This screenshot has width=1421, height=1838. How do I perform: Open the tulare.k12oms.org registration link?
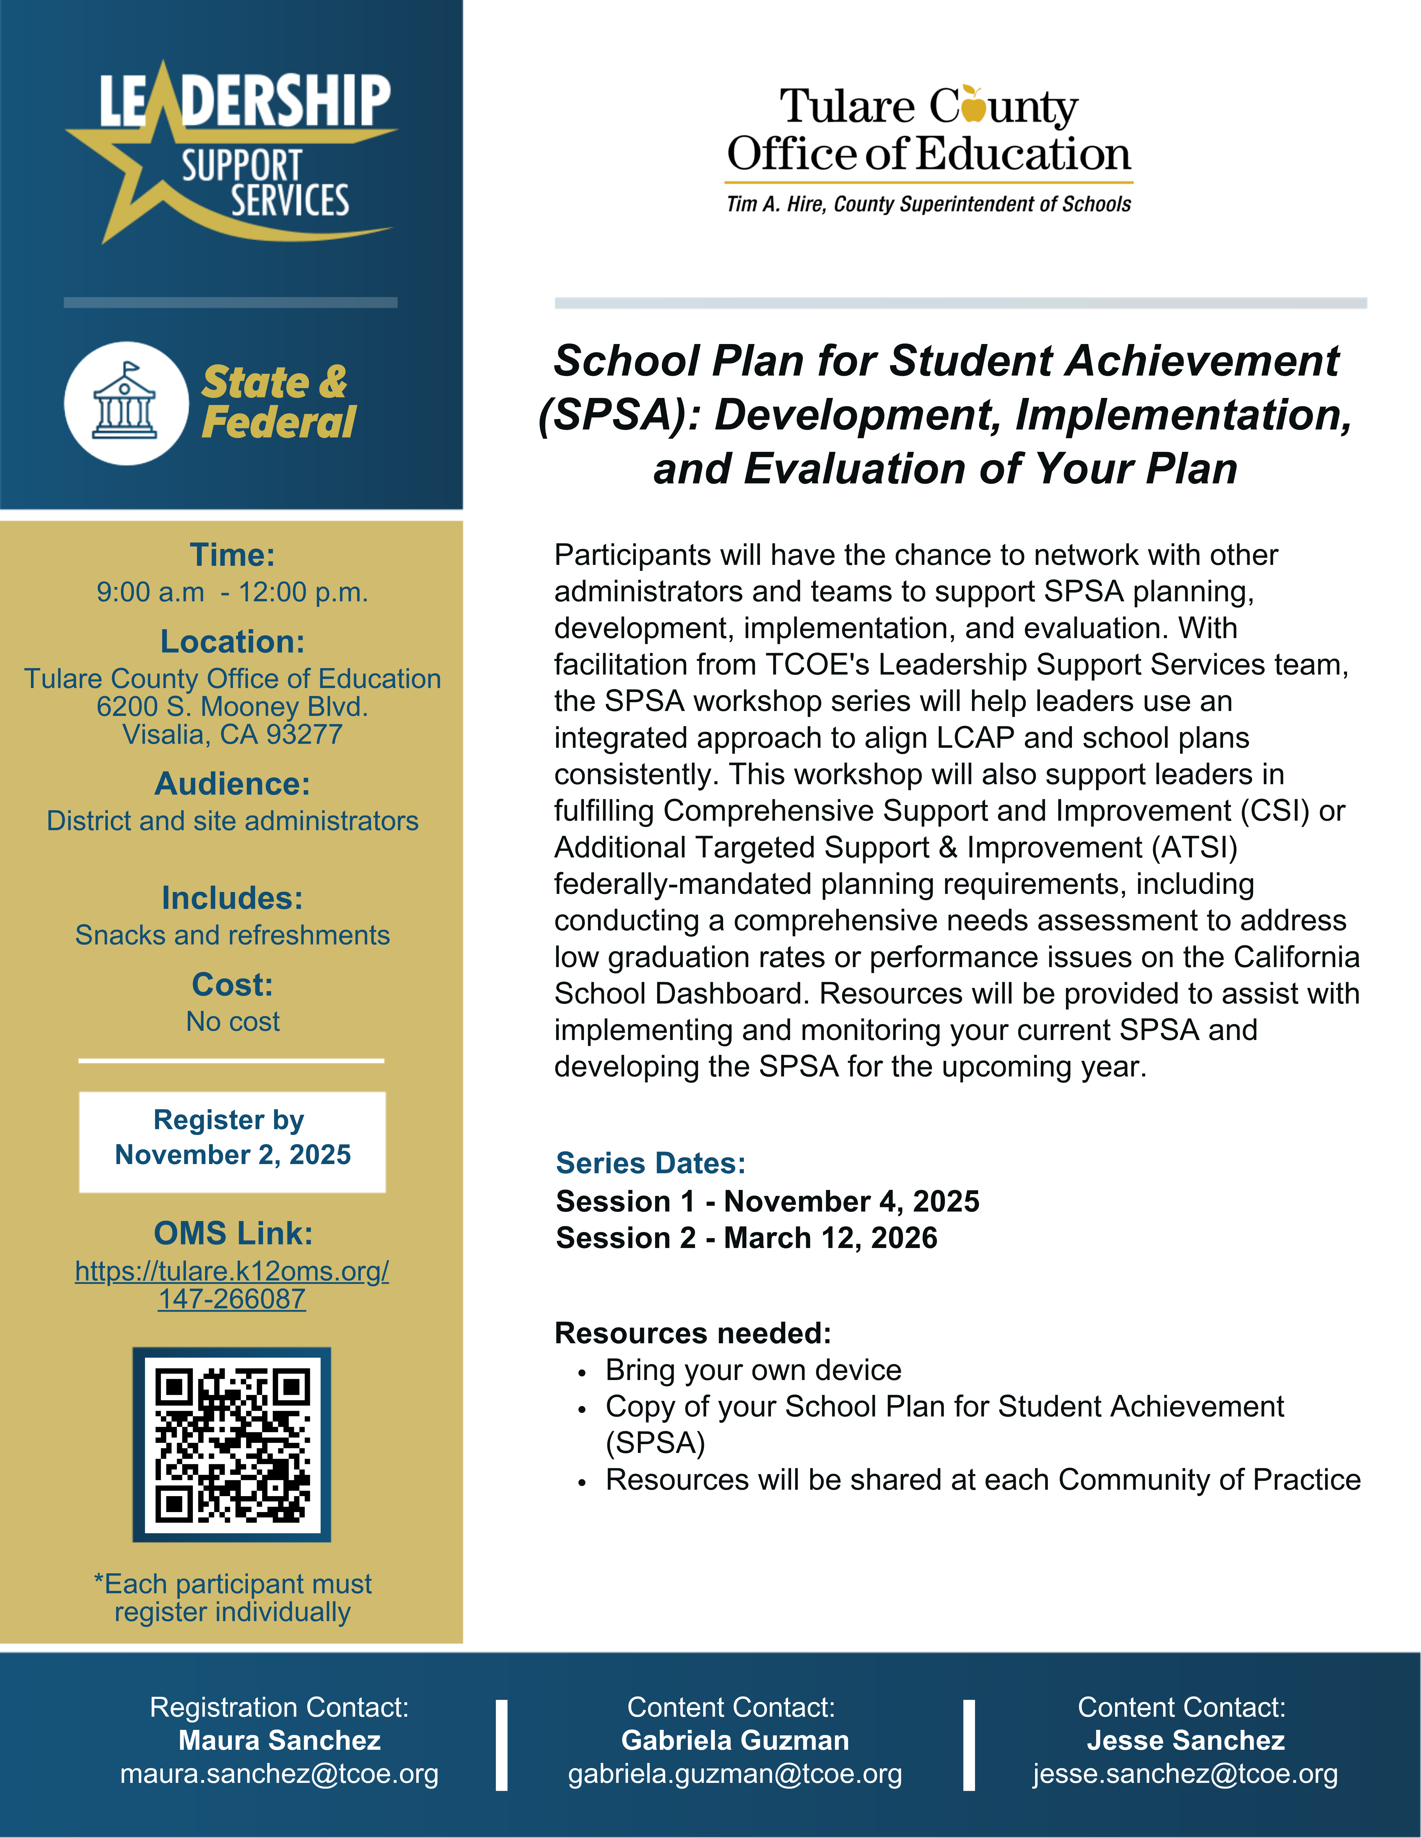[231, 1284]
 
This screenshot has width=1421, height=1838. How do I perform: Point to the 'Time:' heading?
[232, 554]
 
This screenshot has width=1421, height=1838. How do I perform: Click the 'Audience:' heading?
[232, 784]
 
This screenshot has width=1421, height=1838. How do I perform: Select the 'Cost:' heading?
[232, 984]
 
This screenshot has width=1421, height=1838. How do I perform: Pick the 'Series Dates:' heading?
[651, 1163]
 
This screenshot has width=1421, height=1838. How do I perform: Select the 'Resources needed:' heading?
[693, 1333]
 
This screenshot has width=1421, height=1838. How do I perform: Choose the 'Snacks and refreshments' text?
[232, 935]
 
